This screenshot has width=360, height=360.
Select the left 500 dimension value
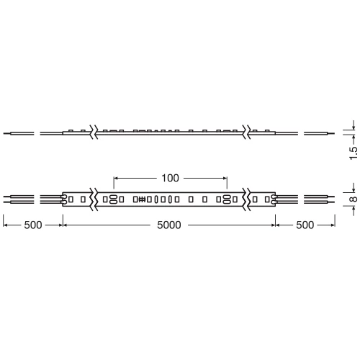(31, 225)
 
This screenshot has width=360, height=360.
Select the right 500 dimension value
(305, 225)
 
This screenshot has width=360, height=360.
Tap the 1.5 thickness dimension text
(352, 153)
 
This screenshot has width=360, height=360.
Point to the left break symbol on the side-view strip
(94, 132)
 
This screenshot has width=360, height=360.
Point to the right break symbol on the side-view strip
(247, 132)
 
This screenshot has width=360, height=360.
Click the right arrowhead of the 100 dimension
(225, 177)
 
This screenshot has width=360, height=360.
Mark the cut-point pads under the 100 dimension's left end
(114, 198)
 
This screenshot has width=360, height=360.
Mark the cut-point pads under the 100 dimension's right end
(226, 198)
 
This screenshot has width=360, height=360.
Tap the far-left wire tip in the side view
(6, 133)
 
